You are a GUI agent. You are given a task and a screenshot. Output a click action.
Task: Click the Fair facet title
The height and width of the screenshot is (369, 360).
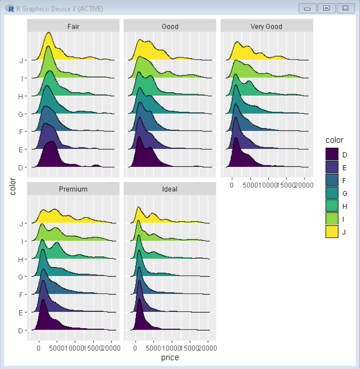pos(73,26)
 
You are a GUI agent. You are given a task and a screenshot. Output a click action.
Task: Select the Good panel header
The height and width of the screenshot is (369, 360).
pos(170,26)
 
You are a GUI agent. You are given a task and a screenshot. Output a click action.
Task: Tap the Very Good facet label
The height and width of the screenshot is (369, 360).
pos(266,26)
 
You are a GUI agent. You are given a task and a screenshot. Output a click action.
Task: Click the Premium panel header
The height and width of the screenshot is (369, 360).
pos(73,189)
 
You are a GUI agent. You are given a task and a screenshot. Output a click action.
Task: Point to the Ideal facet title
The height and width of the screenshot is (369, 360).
pos(170,189)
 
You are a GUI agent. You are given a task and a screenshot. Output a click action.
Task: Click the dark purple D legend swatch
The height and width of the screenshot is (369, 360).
pos(331,155)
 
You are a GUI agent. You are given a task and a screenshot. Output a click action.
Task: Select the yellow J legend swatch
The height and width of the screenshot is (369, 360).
pos(331,231)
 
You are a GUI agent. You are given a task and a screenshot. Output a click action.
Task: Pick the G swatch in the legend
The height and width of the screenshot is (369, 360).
pos(331,193)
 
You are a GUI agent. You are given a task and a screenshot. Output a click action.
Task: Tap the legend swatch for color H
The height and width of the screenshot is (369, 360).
pos(331,206)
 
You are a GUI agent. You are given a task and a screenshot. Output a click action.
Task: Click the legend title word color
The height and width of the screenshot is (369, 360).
pos(334,140)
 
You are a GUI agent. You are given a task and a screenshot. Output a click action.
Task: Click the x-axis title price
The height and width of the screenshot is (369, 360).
pos(170,357)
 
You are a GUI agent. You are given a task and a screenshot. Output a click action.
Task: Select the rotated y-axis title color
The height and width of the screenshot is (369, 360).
pos(13,187)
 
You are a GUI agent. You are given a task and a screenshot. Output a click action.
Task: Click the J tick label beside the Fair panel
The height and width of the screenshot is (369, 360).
pos(21,61)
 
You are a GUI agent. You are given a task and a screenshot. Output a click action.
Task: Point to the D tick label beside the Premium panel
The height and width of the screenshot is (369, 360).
pos(21,331)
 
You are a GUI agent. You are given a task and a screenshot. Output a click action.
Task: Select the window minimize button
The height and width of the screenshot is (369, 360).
pos(307,8)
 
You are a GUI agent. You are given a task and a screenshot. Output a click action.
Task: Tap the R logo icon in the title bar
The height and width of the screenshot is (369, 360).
pos(10,9)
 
